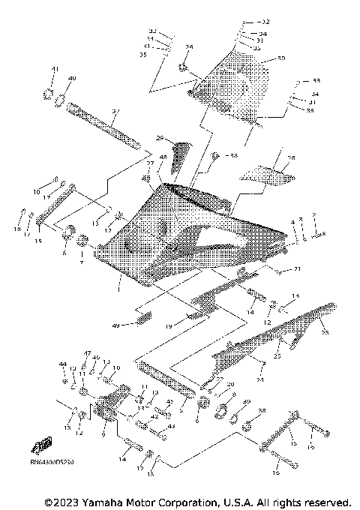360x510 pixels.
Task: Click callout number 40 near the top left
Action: click(72, 79)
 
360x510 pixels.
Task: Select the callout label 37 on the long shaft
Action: click(115, 113)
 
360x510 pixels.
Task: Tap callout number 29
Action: click(160, 138)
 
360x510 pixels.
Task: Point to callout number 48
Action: click(163, 157)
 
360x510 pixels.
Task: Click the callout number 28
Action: click(291, 158)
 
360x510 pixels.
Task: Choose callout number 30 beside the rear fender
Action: click(281, 58)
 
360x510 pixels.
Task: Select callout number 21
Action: click(297, 268)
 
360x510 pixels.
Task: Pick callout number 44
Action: click(63, 364)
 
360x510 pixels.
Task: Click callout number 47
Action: click(87, 353)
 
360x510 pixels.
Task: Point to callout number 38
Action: click(262, 411)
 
